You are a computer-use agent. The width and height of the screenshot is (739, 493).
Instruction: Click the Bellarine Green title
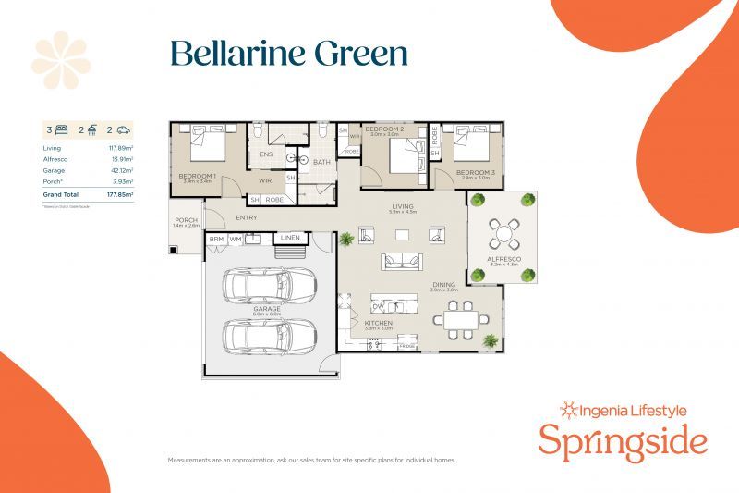coord(288,53)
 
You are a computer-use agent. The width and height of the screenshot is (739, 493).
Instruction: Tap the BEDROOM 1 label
coord(196,175)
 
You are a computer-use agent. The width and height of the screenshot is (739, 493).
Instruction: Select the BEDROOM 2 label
coord(381,129)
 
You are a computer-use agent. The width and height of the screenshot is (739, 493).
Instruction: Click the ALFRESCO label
coord(503,260)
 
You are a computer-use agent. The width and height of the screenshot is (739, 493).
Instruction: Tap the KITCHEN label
coord(379,323)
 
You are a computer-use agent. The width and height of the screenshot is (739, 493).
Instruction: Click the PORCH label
coord(186,220)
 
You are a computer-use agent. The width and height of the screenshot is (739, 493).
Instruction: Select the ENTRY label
coord(247,217)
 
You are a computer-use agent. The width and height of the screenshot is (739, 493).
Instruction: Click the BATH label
coord(321,162)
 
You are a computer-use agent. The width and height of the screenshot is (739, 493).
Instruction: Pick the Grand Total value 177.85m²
coord(120,195)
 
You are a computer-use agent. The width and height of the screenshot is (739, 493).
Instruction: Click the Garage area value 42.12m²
coord(122,170)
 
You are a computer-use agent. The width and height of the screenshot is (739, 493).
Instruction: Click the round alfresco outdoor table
coord(503,228)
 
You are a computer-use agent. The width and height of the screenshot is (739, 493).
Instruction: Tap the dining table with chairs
coord(460,319)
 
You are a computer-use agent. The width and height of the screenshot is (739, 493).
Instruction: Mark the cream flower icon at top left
coord(61,60)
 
